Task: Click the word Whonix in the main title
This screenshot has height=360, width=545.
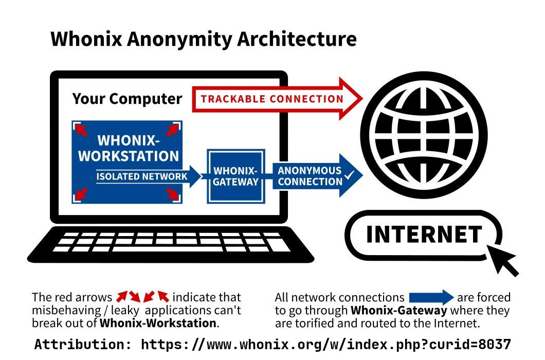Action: [x=86, y=39]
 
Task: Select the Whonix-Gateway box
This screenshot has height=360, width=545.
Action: [x=236, y=176]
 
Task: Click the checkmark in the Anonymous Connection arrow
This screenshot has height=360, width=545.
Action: [x=349, y=175]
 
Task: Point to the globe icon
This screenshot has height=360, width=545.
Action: [x=424, y=135]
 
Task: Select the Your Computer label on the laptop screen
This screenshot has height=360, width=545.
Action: [x=127, y=99]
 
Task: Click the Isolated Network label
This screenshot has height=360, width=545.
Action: [x=142, y=176]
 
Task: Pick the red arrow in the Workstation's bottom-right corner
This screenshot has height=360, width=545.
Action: [x=173, y=194]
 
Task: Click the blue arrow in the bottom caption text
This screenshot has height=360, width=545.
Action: [x=431, y=297]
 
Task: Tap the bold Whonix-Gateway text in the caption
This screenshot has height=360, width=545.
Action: [x=398, y=310]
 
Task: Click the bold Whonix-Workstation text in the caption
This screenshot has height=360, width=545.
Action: [x=158, y=323]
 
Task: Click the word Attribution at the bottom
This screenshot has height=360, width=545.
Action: [x=83, y=345]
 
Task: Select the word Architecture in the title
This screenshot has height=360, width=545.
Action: [x=297, y=39]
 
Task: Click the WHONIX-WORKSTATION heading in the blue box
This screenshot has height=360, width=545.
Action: [x=129, y=148]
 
